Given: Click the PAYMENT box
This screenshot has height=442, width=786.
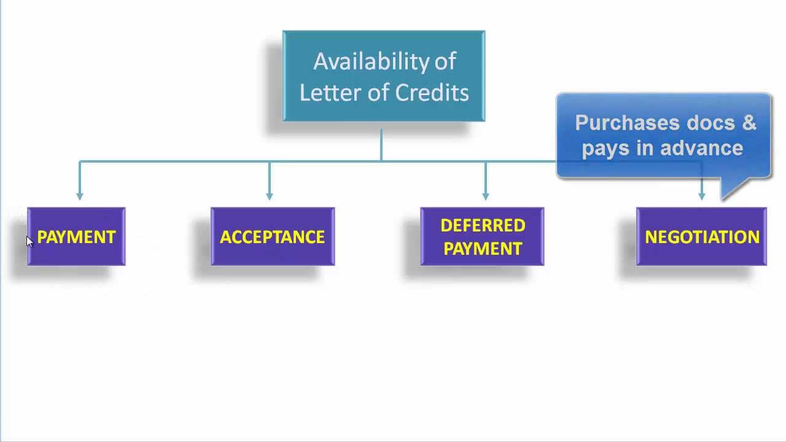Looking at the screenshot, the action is coord(76,237).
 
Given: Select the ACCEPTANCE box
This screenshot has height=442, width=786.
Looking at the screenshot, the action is coord(273,237).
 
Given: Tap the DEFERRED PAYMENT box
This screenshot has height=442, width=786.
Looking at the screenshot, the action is coord(482,237).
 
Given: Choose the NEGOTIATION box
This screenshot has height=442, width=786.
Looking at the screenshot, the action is coord(701,237).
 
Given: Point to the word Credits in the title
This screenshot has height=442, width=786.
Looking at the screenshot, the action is coord(432,93).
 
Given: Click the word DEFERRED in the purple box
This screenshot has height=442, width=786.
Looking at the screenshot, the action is coord(483,225).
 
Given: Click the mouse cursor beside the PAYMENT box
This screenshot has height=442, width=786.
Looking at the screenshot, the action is coord(29,241).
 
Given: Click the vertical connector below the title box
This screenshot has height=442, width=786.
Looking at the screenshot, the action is coord(381,144).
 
